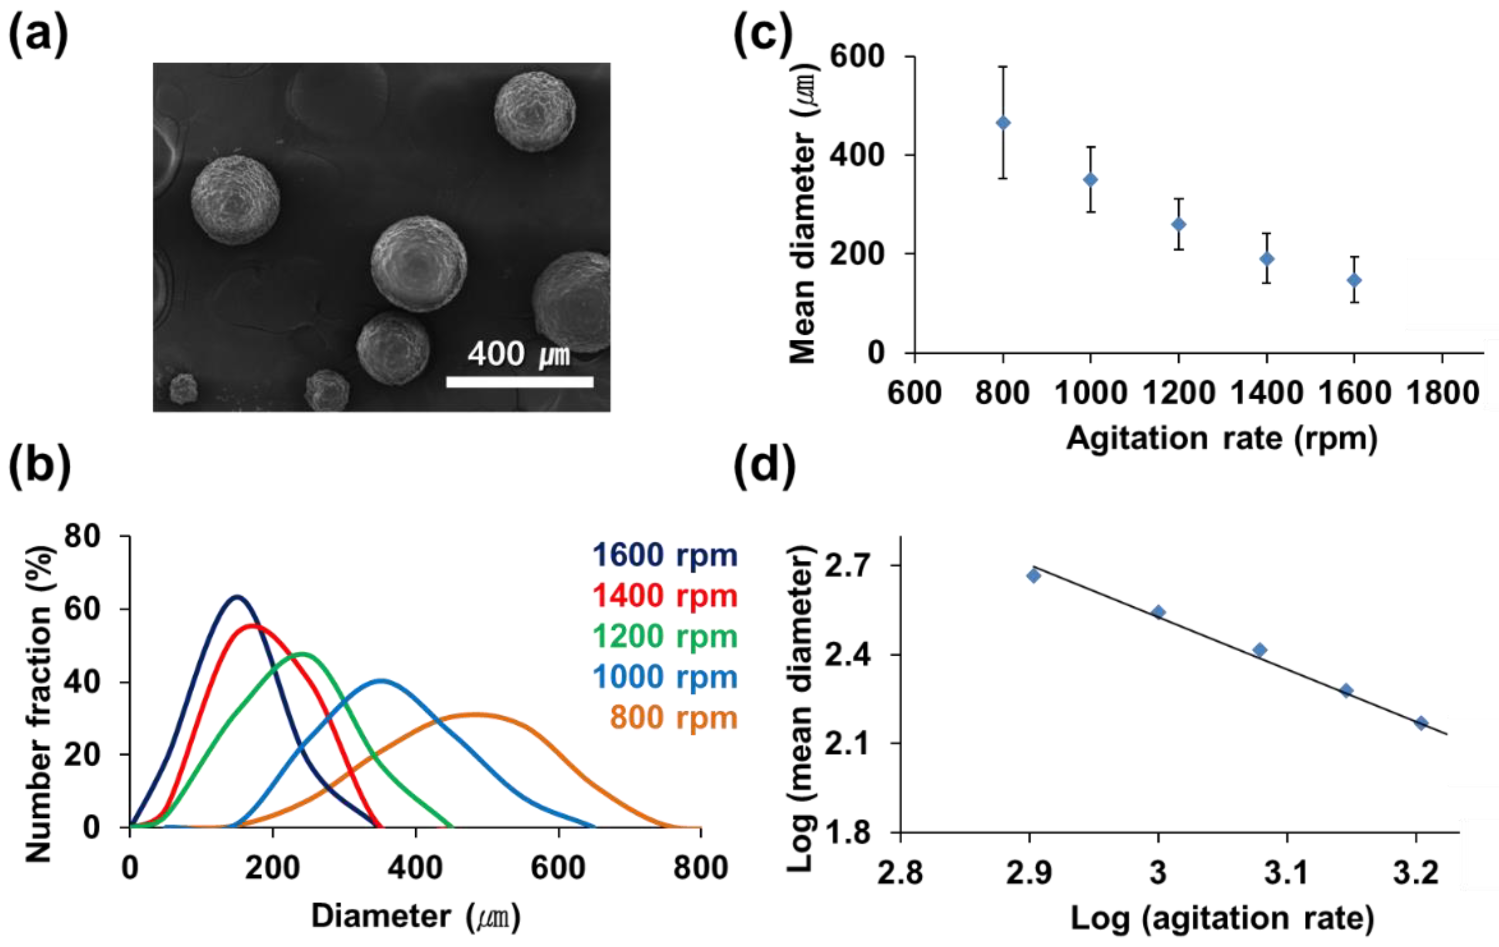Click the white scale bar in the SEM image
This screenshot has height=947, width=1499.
click(x=520, y=382)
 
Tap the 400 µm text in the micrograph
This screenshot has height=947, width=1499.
click(x=519, y=354)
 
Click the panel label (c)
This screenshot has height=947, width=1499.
click(x=763, y=34)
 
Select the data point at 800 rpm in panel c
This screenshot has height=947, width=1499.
click(x=1003, y=123)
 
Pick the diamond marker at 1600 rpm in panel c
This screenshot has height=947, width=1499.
click(x=1354, y=280)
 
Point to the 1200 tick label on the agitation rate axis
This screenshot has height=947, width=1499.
click(x=1179, y=393)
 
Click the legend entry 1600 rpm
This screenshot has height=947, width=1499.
click(x=664, y=555)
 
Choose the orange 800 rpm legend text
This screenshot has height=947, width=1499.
click(x=673, y=717)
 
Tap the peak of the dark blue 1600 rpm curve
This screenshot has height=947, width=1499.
click(x=237, y=597)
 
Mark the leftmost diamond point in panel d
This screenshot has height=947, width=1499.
click(x=1033, y=576)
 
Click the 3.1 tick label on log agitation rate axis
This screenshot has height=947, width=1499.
click(x=1287, y=872)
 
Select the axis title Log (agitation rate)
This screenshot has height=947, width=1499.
click(x=1222, y=918)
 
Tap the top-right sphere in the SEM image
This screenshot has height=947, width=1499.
click(x=534, y=111)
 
